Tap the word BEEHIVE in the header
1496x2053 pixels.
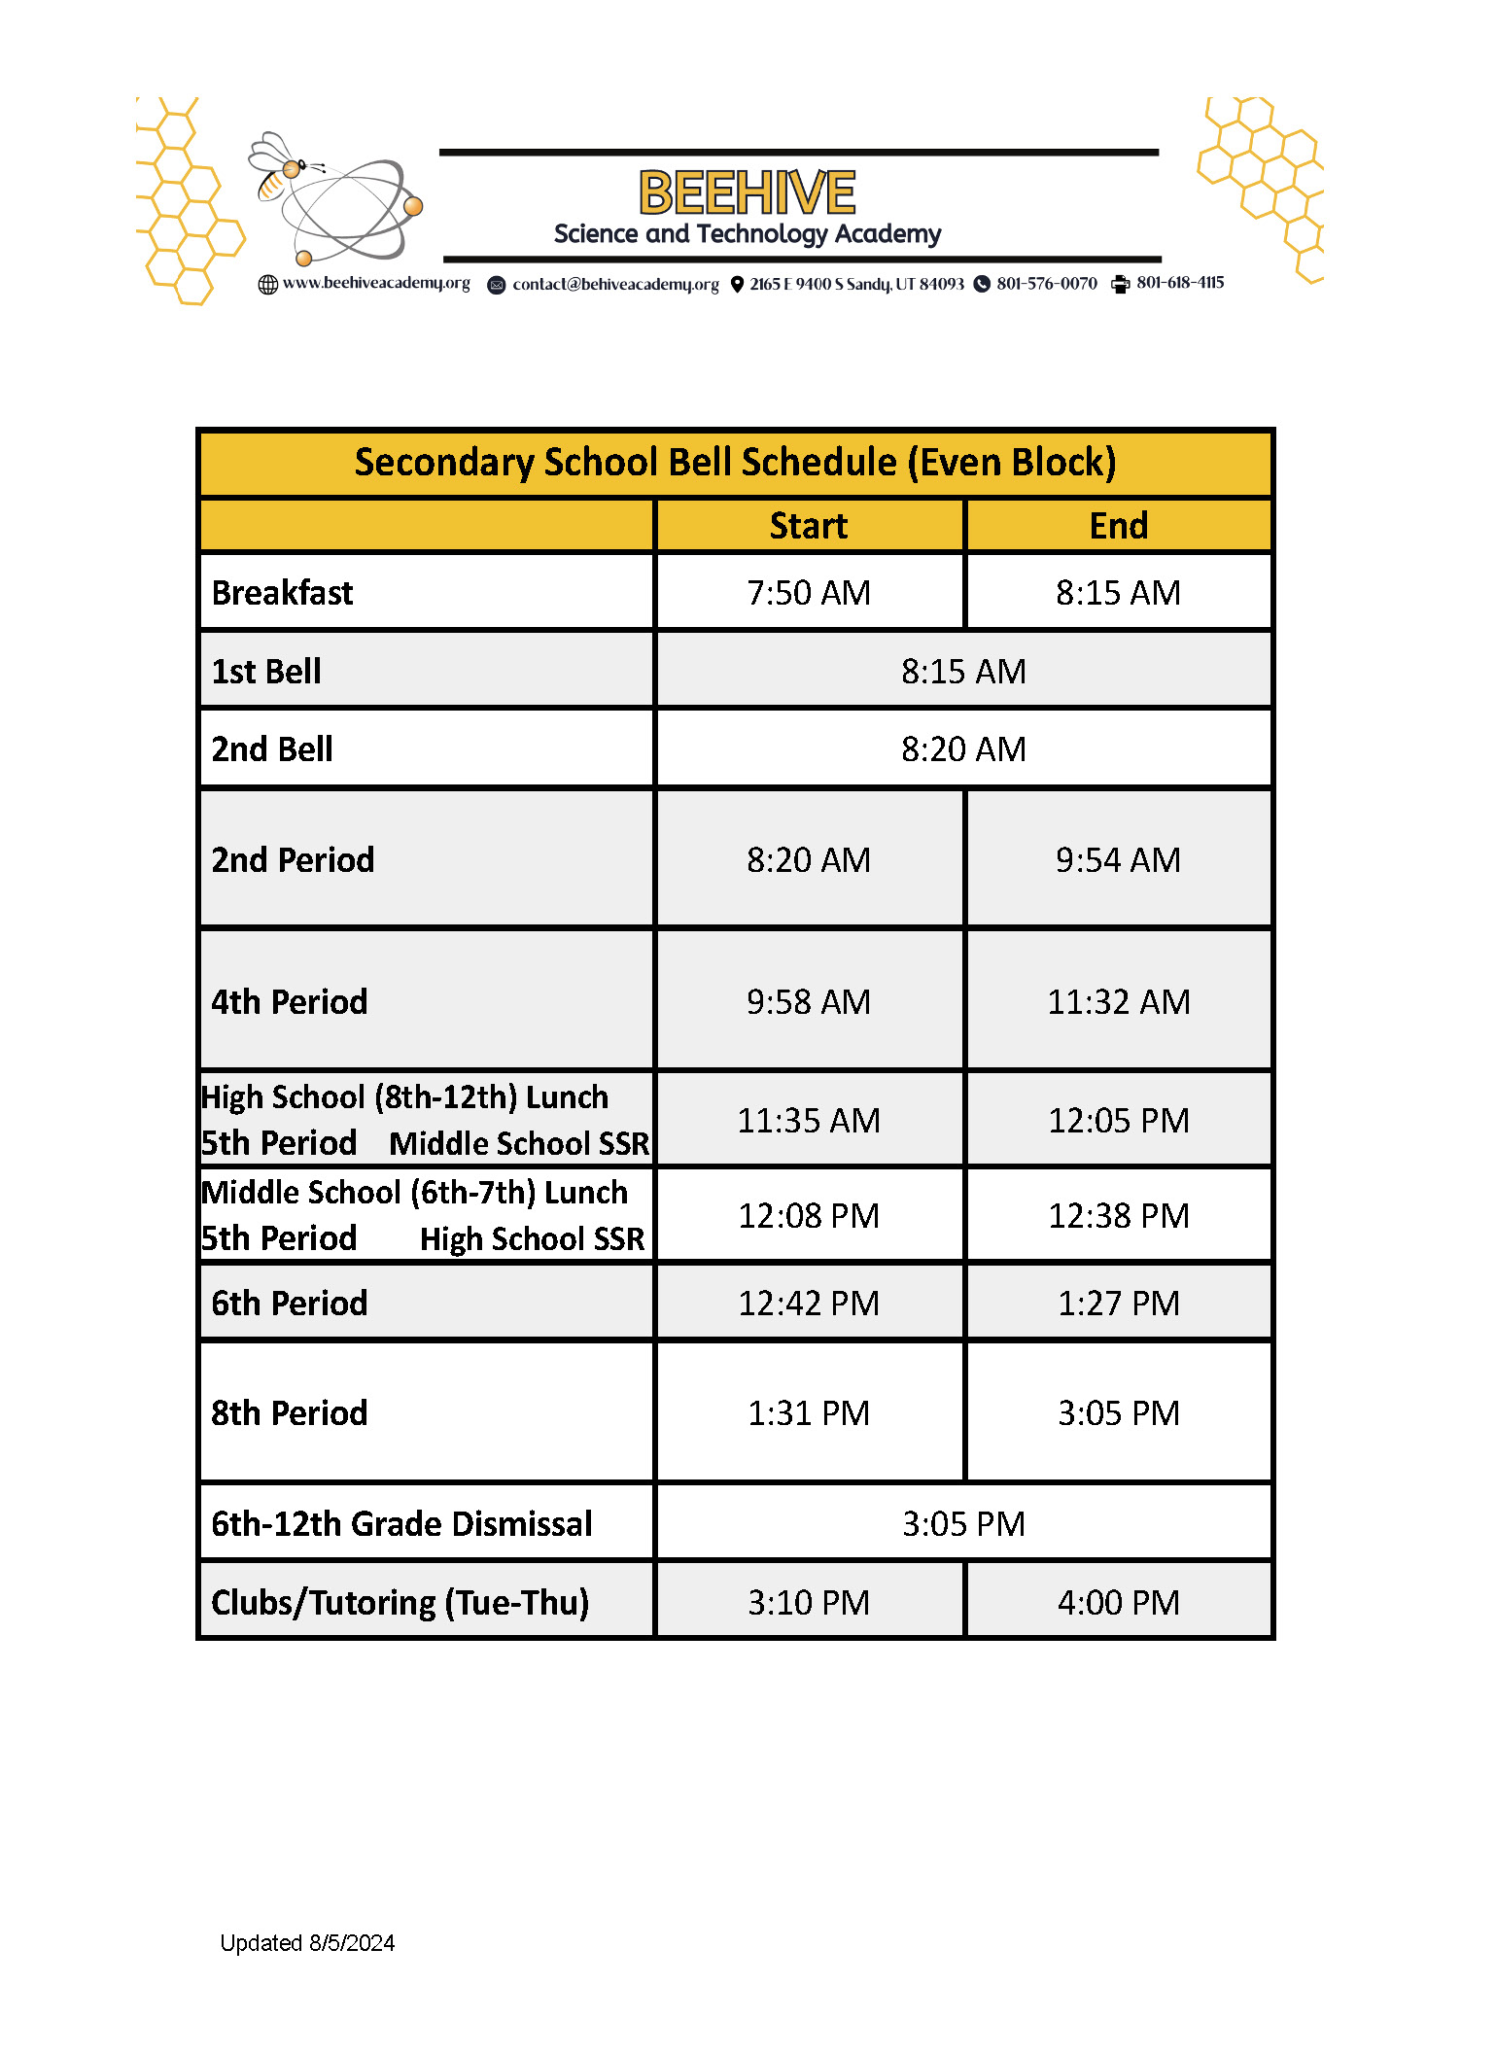coord(747,192)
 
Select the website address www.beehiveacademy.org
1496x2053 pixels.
coord(375,283)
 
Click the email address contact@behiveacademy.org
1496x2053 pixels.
coord(615,284)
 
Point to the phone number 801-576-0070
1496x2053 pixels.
coord(1046,283)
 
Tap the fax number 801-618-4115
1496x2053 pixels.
coord(1179,283)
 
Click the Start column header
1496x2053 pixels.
coord(808,526)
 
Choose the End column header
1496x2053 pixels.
coord(1118,526)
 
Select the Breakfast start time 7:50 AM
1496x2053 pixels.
coord(808,592)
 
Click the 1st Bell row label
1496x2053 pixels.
coord(266,671)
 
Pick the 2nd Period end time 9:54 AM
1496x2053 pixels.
coord(1118,859)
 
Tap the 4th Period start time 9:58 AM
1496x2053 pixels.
coord(808,1001)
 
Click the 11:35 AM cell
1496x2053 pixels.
coord(808,1120)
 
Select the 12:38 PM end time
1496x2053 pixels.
coord(1118,1215)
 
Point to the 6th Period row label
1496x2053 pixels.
coord(290,1303)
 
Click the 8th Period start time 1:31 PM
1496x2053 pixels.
coord(808,1412)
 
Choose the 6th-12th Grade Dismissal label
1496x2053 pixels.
coord(401,1523)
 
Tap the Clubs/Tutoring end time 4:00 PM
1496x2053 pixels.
coord(1118,1602)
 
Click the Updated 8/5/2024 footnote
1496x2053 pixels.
coord(307,1943)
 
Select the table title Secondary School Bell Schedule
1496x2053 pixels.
coord(735,463)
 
